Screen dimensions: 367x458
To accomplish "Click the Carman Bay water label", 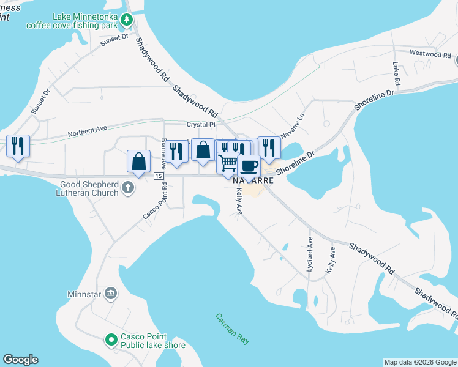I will pyautogui.click(x=232, y=329).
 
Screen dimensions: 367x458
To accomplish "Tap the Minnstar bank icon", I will pyautogui.click(x=110, y=294).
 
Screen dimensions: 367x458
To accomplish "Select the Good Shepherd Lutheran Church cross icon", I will pyautogui.click(x=127, y=187).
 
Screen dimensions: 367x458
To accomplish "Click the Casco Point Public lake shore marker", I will pyautogui.click(x=111, y=339).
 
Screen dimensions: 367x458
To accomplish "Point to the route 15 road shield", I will pyautogui.click(x=159, y=176).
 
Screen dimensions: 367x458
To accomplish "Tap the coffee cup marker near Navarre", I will pyautogui.click(x=249, y=165).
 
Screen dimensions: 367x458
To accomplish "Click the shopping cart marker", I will pyautogui.click(x=228, y=163).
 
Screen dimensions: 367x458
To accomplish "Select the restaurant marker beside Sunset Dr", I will pyautogui.click(x=17, y=146).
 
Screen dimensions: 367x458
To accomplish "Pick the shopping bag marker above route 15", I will pyautogui.click(x=139, y=161).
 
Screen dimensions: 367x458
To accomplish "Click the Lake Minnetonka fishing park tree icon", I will pyautogui.click(x=127, y=20).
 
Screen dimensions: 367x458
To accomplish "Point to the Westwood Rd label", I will pyautogui.click(x=430, y=54).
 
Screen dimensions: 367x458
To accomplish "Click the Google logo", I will pyautogui.click(x=20, y=360).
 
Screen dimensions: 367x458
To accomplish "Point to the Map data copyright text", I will pyautogui.click(x=419, y=362).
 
